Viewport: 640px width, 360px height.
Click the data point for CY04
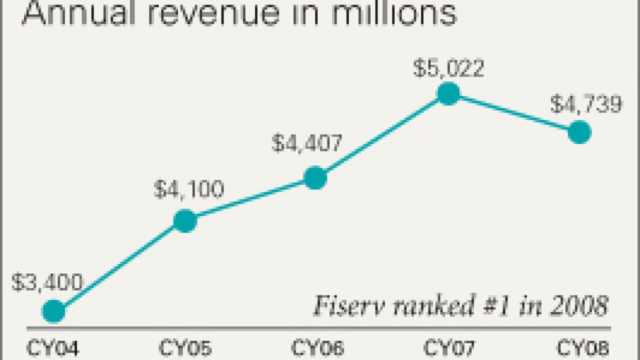tap(54, 311)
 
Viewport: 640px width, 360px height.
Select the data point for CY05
tap(185, 221)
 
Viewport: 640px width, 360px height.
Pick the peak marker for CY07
tap(448, 93)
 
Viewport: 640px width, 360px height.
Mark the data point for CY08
tap(580, 132)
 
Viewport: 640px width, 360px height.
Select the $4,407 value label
tap(307, 143)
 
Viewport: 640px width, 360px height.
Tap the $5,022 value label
tap(448, 68)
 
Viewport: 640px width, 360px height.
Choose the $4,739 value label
tap(586, 105)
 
